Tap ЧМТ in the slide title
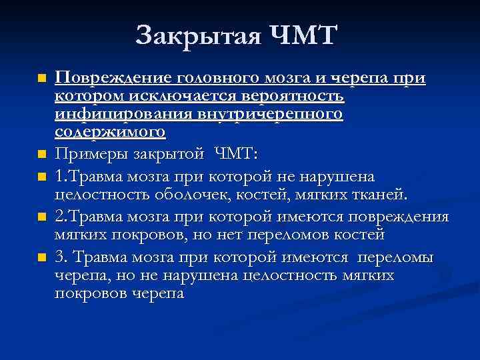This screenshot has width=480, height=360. click(x=304, y=35)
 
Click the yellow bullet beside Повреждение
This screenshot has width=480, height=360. click(x=43, y=79)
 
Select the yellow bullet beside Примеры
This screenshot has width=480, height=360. click(x=43, y=155)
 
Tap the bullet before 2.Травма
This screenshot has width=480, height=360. click(x=43, y=217)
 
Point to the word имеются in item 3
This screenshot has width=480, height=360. click(x=316, y=258)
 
